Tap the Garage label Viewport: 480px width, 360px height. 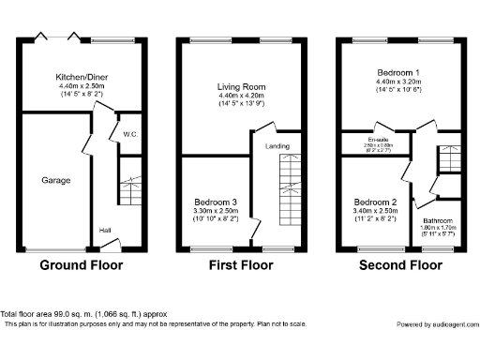pos(56,179)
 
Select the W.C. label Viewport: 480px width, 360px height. pos(129,135)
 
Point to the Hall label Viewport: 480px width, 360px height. pos(107,229)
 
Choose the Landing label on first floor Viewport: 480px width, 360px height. pos(277,145)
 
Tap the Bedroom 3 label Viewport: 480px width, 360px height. pos(216,202)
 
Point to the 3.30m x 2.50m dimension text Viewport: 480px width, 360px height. pos(216,211)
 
